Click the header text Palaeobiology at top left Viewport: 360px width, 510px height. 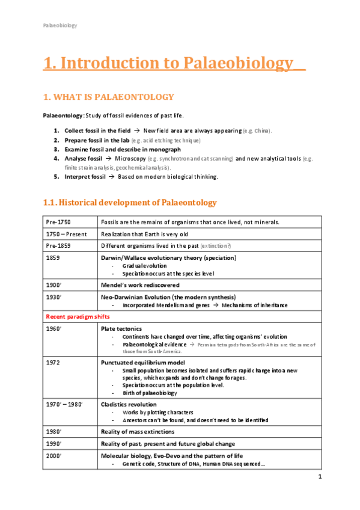click(59, 25)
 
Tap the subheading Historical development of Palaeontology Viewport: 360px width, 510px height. click(129, 202)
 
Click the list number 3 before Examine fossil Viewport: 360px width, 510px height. click(56, 149)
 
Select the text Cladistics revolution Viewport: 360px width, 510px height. click(129, 405)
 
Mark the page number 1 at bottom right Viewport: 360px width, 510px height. click(320, 477)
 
